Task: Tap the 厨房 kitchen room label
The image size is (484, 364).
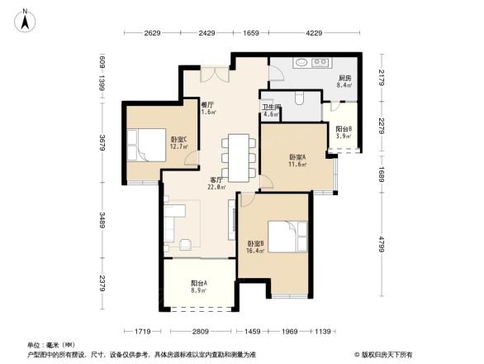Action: (x=344, y=79)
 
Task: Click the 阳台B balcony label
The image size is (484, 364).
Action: (x=344, y=132)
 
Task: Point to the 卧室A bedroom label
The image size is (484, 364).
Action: (x=297, y=160)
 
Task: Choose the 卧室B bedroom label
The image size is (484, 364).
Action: (x=256, y=246)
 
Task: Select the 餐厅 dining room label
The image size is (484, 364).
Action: (x=208, y=108)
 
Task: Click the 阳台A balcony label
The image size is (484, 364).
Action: (x=198, y=286)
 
